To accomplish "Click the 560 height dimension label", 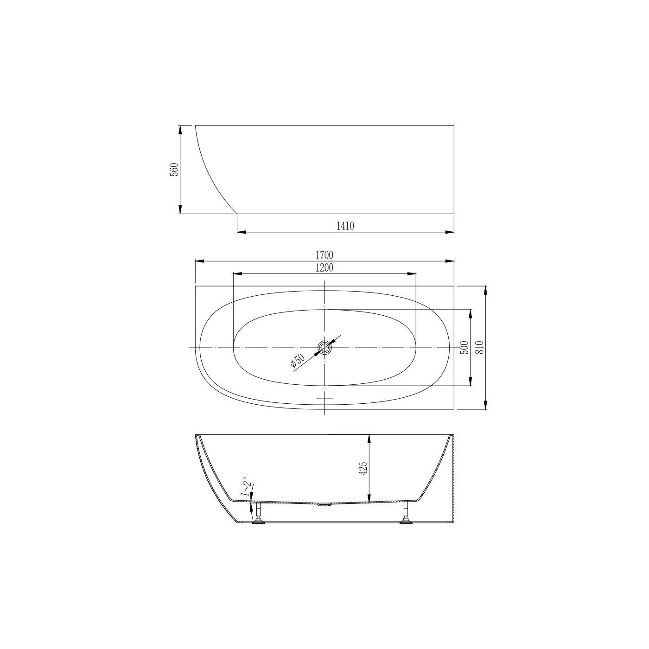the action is (x=174, y=169).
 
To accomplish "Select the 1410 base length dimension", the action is (x=345, y=226).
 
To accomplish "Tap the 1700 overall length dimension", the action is (x=324, y=255).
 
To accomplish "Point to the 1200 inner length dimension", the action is (x=324, y=268).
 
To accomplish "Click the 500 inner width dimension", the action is (x=464, y=347).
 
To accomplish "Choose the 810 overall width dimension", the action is (x=480, y=347).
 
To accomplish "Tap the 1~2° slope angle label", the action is (x=245, y=487).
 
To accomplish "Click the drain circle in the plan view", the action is (x=325, y=347).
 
